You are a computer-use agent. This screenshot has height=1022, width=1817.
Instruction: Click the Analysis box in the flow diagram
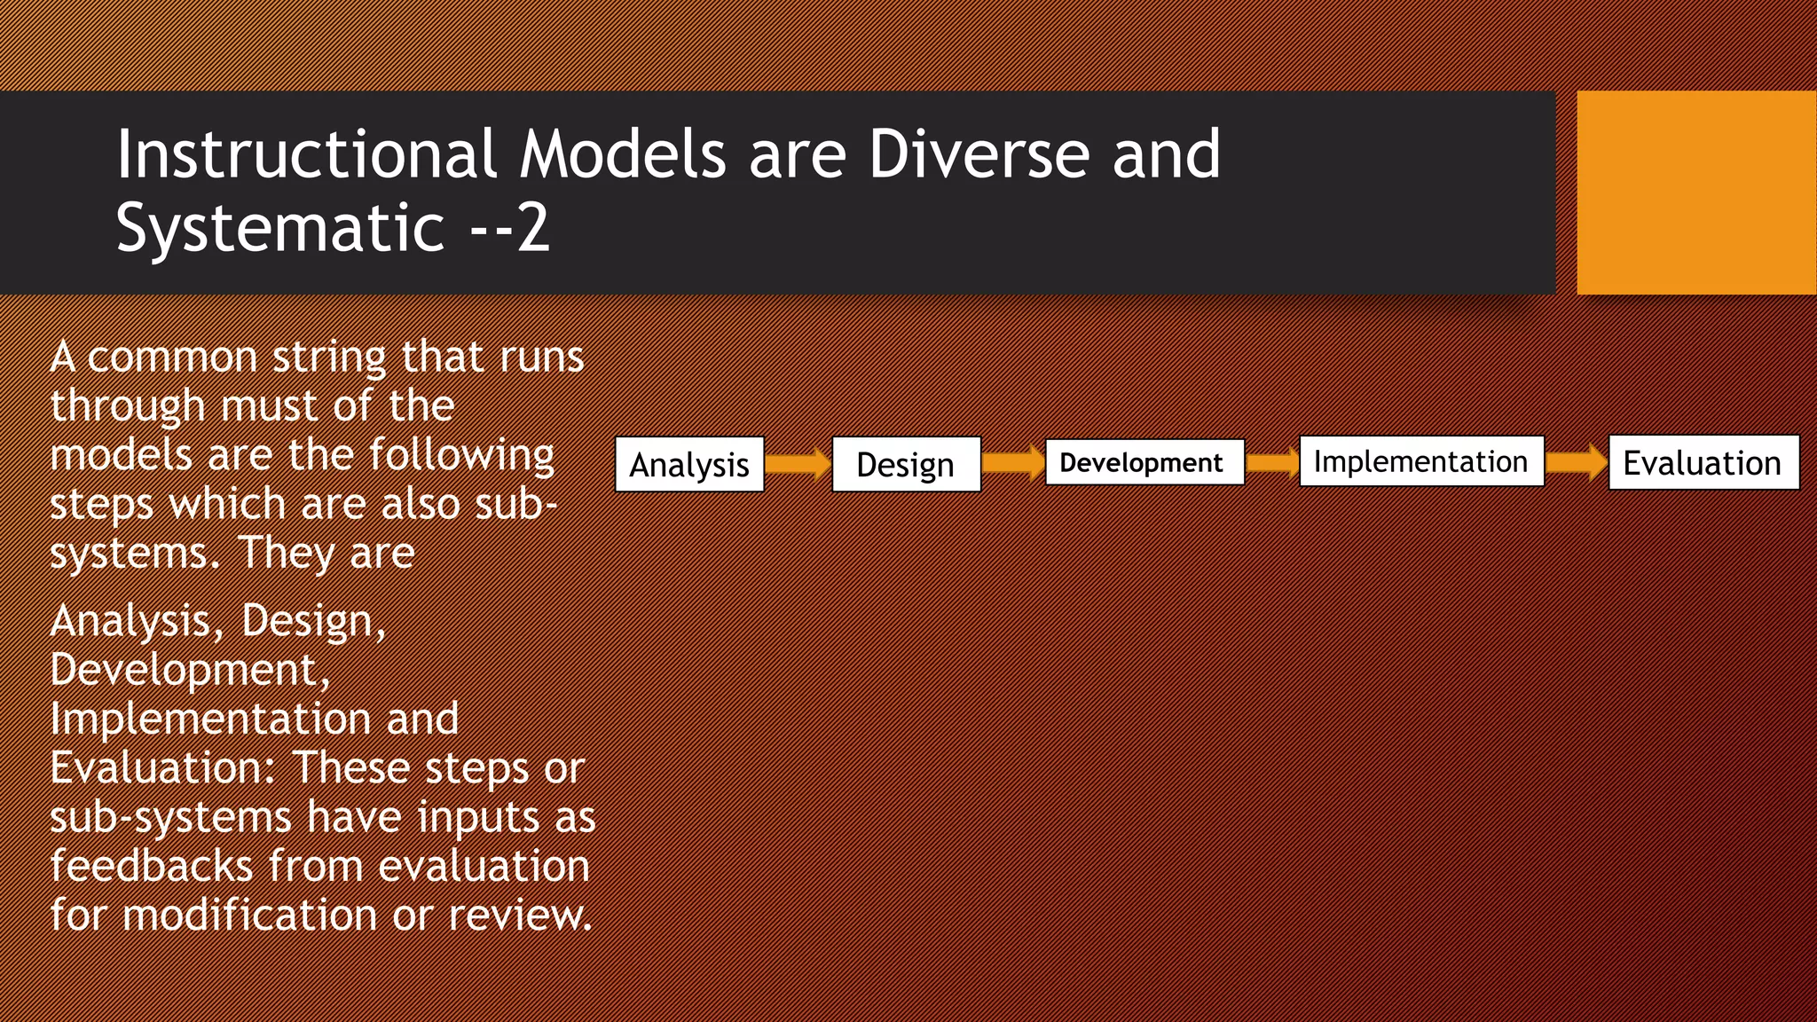pos(689,464)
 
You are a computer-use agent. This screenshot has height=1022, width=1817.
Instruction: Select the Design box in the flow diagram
pos(906,464)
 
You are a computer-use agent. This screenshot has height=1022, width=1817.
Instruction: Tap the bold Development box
pos(1144,462)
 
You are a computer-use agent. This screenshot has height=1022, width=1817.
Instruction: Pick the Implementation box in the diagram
pos(1420,461)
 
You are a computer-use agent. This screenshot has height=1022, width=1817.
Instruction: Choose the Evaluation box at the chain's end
pos(1703,462)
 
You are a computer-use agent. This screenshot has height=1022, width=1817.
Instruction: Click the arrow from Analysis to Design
pos(798,464)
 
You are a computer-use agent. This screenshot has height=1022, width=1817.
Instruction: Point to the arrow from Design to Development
pos(1013,463)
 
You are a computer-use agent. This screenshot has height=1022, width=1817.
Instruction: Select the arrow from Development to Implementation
pos(1271,462)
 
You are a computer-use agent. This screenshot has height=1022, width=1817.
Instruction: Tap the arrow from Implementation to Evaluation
pos(1577,462)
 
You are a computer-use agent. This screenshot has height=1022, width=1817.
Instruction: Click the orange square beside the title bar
pos(1696,193)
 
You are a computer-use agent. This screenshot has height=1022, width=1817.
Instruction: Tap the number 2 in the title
pos(533,228)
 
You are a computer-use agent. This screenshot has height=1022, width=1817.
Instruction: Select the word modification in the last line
pos(250,915)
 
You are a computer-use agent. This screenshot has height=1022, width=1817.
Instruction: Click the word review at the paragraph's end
pos(519,915)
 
